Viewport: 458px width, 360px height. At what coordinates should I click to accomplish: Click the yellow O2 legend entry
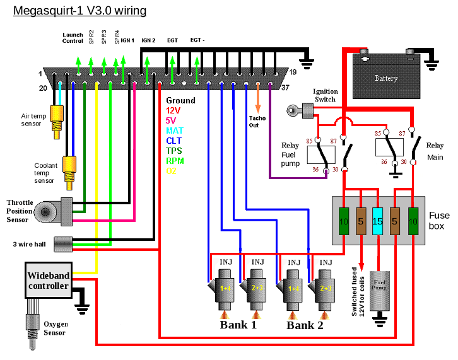(x=172, y=170)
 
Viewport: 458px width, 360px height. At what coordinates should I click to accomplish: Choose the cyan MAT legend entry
(x=175, y=131)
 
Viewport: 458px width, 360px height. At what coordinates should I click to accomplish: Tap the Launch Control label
(x=73, y=38)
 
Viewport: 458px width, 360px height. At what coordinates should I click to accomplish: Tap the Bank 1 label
(x=238, y=325)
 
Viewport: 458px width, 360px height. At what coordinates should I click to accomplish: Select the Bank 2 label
(x=305, y=325)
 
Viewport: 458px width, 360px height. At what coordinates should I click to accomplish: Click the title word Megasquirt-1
(x=46, y=11)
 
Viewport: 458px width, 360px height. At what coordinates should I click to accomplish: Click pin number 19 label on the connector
(x=293, y=71)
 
